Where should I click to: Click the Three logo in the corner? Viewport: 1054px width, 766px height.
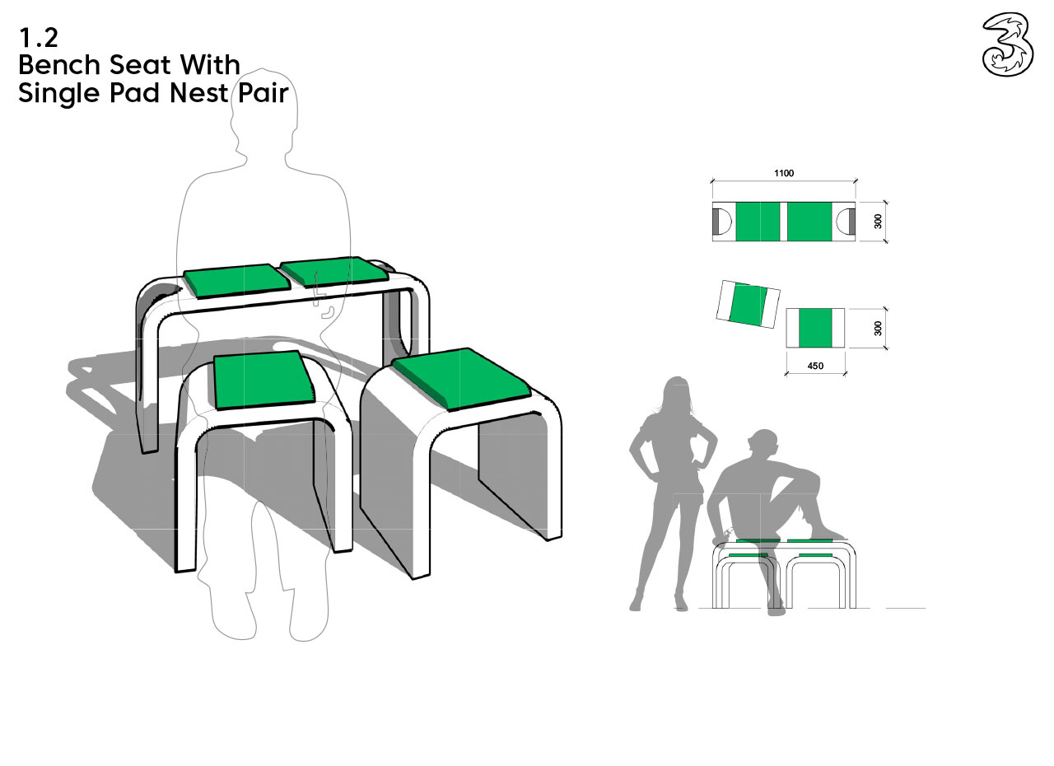[x=1008, y=45]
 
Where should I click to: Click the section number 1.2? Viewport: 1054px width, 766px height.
[x=39, y=38]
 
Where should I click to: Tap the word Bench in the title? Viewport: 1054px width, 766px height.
[x=59, y=64]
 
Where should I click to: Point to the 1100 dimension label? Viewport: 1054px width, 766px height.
[x=784, y=173]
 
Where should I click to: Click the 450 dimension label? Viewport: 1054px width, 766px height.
[x=815, y=366]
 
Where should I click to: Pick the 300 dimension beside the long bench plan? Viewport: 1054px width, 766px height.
[x=878, y=221]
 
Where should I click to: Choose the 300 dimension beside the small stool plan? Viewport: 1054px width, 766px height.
[x=878, y=329]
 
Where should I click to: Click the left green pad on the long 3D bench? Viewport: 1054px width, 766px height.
[x=236, y=281]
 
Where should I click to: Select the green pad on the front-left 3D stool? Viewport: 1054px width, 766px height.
[x=262, y=381]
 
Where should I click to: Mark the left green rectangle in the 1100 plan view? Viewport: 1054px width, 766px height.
[x=758, y=222]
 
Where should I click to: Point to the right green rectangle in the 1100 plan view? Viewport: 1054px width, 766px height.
[x=809, y=222]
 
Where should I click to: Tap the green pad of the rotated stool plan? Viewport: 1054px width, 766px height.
[x=748, y=305]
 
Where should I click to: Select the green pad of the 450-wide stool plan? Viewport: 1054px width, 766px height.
[x=815, y=329]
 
